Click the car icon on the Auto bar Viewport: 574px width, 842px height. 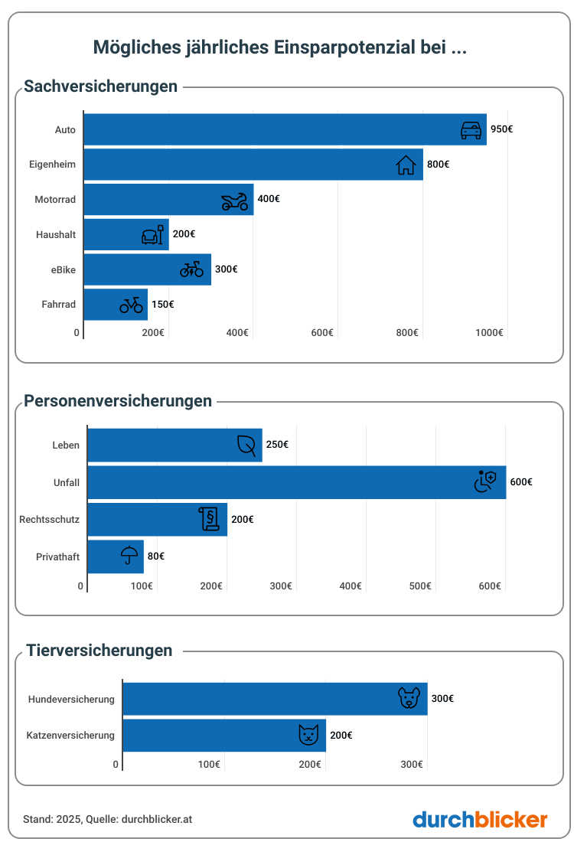pos(471,129)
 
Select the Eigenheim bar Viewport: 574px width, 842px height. pos(253,165)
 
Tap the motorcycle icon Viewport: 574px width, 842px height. pos(235,201)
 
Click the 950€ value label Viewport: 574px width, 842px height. pos(501,129)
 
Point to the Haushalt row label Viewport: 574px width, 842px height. pos(56,235)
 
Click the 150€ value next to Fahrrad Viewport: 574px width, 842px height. pos(162,305)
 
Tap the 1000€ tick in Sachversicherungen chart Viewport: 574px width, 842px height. pos(490,332)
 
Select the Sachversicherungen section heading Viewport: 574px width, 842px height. pos(101,86)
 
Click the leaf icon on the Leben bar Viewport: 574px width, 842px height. pos(246,445)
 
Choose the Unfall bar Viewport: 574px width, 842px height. pos(296,482)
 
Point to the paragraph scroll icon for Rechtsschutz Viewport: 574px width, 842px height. pos(208,519)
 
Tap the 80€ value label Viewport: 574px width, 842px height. pos(156,556)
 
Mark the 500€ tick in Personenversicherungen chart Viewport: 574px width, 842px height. pos(420,586)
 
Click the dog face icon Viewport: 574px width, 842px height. pos(409,698)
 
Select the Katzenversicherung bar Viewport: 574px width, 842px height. pos(224,736)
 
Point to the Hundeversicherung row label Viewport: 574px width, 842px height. pos(71,699)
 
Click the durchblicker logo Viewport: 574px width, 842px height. pos(480,820)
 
